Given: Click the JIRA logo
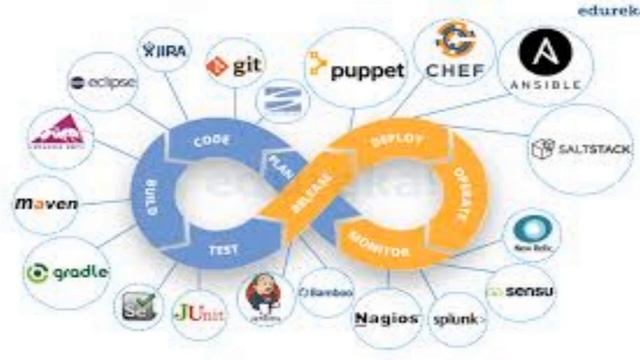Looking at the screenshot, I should click(165, 50).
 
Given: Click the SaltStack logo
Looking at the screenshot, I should click(569, 149).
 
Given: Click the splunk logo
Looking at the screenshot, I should click(459, 319).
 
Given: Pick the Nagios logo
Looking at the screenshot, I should click(386, 319).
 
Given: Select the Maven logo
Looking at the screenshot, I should click(46, 203).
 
